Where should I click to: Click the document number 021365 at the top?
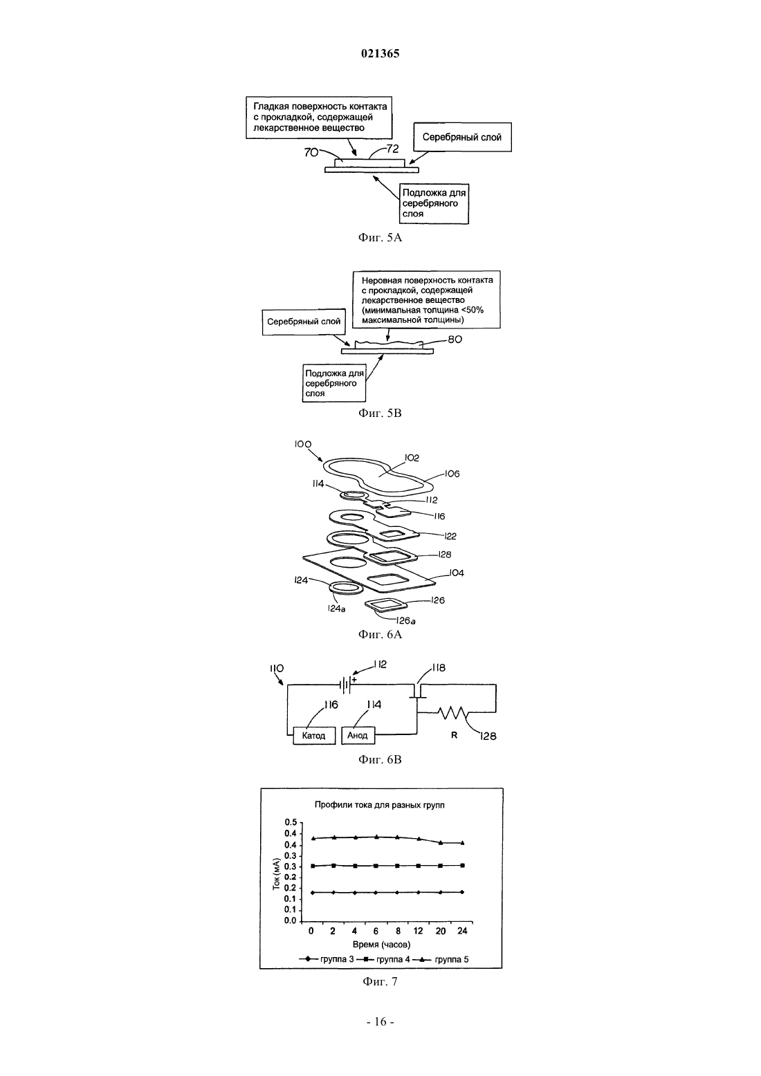(380, 54)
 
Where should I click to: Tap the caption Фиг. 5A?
(380, 237)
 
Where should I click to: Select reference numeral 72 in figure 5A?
(392, 149)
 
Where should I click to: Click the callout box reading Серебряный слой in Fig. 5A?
(461, 138)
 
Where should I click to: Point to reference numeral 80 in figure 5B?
(455, 339)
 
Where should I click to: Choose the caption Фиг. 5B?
(380, 413)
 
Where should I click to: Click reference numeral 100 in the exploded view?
(303, 445)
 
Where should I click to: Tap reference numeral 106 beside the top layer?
(452, 474)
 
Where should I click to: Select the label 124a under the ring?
(336, 609)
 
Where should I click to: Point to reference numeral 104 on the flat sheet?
(457, 573)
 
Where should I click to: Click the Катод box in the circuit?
(314, 735)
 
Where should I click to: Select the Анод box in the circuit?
(358, 735)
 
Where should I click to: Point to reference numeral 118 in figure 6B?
(438, 668)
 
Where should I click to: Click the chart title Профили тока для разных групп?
(380, 805)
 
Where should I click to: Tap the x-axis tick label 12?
(419, 931)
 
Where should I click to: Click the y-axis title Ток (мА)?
(276, 874)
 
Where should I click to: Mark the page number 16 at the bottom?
(380, 1021)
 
